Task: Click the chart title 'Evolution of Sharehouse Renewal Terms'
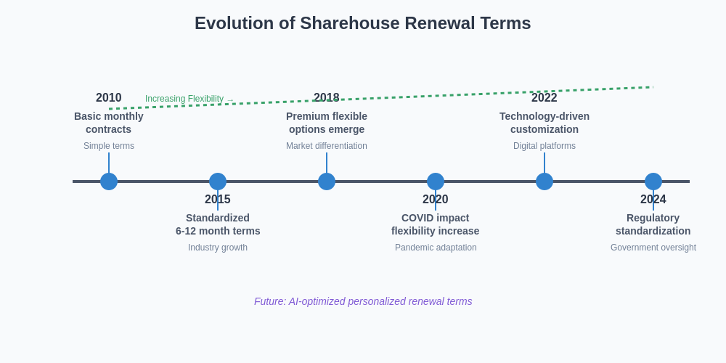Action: tap(362, 23)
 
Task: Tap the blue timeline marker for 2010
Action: tap(109, 181)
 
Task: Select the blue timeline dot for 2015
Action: tap(218, 181)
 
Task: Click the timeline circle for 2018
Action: tap(327, 181)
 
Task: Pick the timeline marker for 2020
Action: tap(436, 181)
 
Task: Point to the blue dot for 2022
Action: tap(544, 181)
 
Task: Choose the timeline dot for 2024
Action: tap(653, 181)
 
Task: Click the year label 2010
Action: tap(109, 98)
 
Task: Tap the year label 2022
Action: tap(544, 98)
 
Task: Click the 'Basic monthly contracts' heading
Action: tap(109, 123)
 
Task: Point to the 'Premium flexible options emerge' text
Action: tap(327, 123)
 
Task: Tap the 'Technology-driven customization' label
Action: tap(544, 123)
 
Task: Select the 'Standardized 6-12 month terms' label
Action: tap(218, 224)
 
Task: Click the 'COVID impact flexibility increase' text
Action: tap(436, 224)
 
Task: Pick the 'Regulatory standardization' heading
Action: tap(653, 224)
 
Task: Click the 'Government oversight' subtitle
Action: tap(653, 248)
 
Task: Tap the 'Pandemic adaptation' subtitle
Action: tap(436, 248)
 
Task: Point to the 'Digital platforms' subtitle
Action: tap(544, 146)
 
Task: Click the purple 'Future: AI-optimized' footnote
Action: tap(363, 301)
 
